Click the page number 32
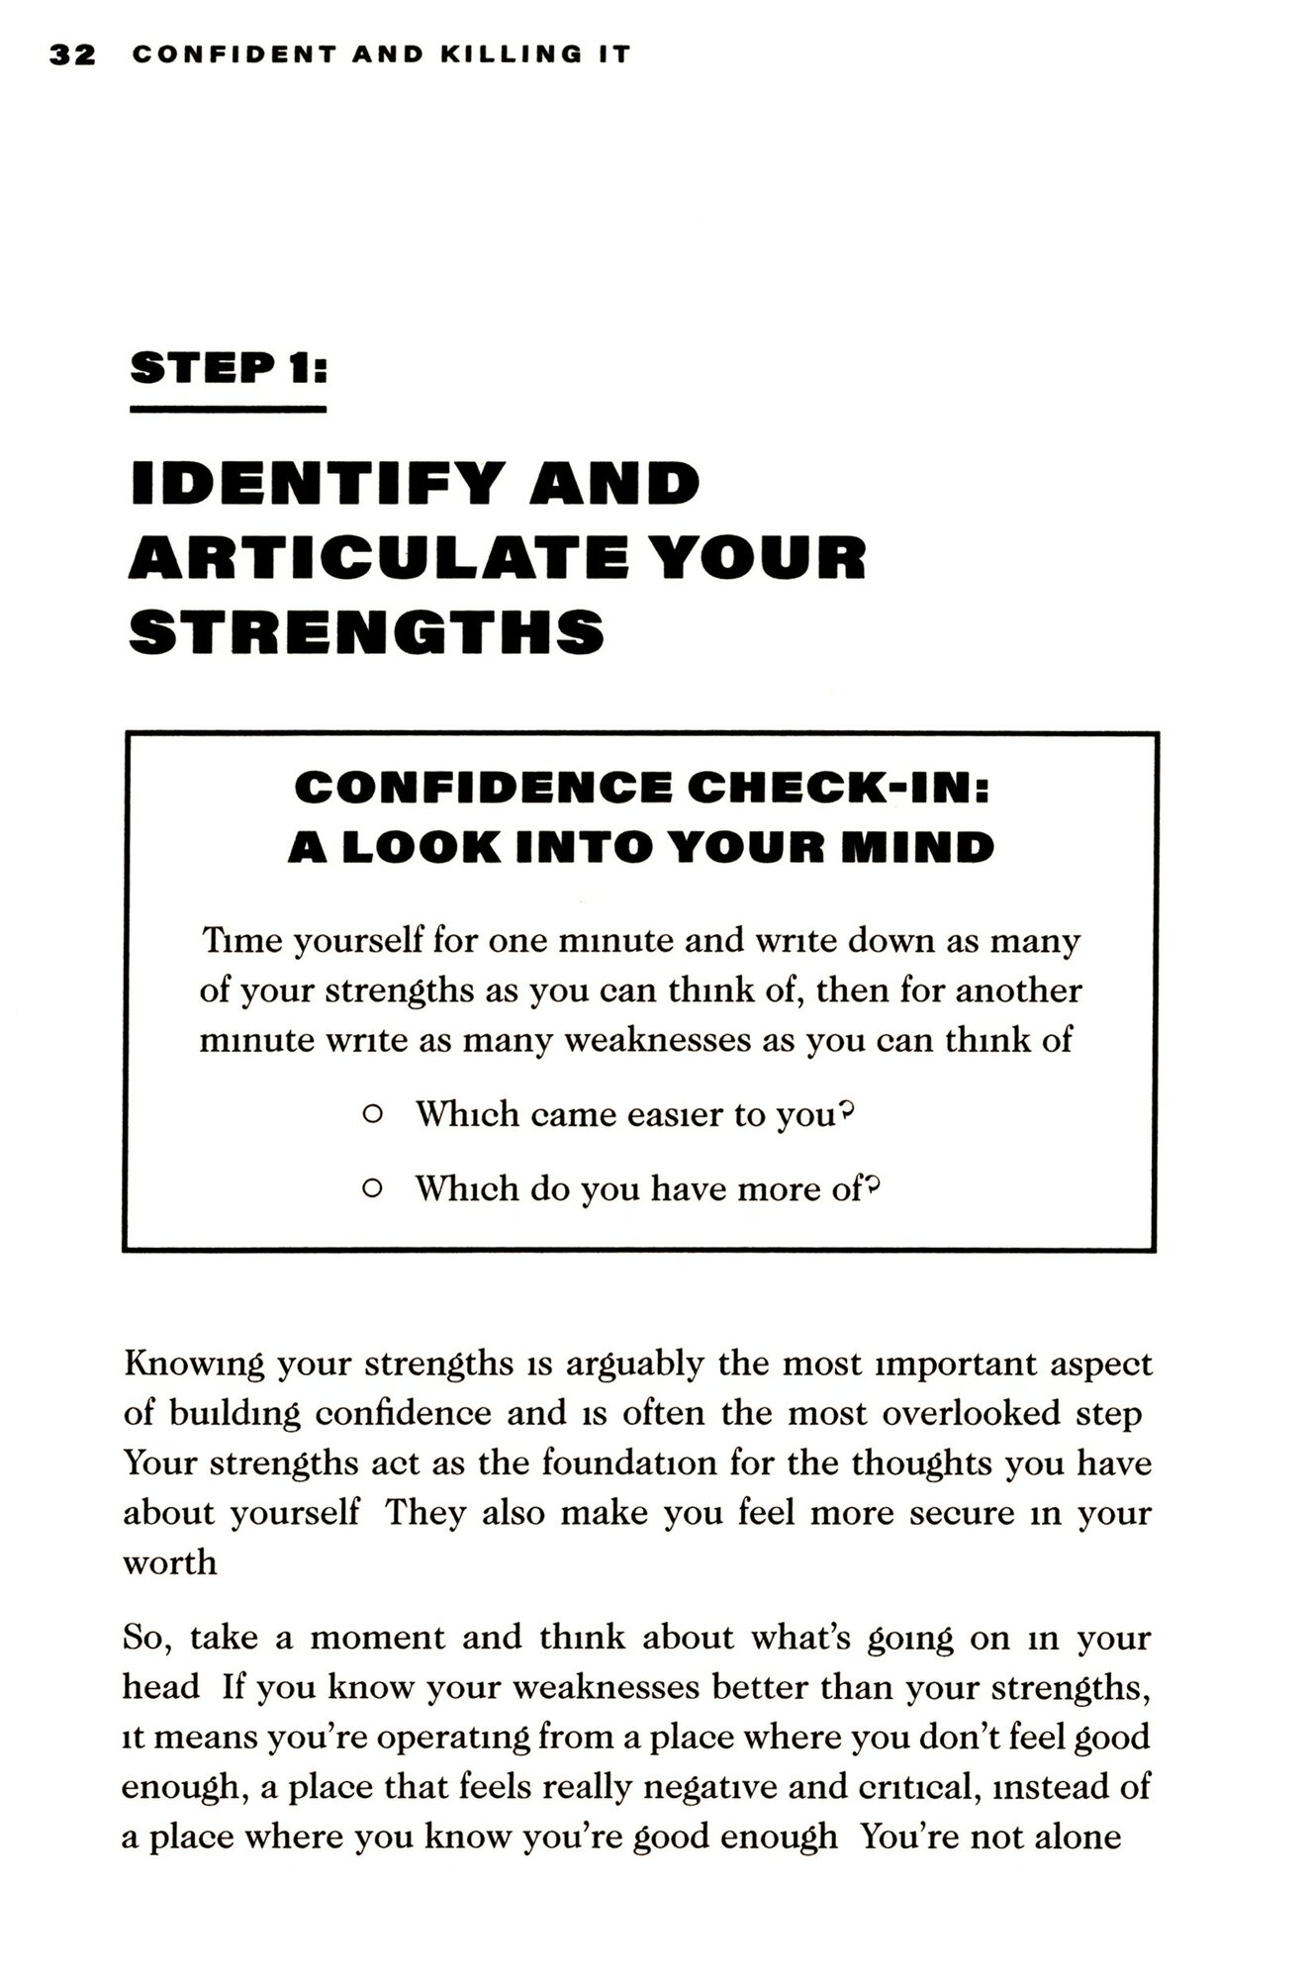(72, 54)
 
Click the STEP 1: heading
(228, 368)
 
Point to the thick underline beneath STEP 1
(228, 409)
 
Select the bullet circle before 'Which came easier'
(372, 1114)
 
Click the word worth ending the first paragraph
(169, 1562)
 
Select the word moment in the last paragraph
(377, 1638)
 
